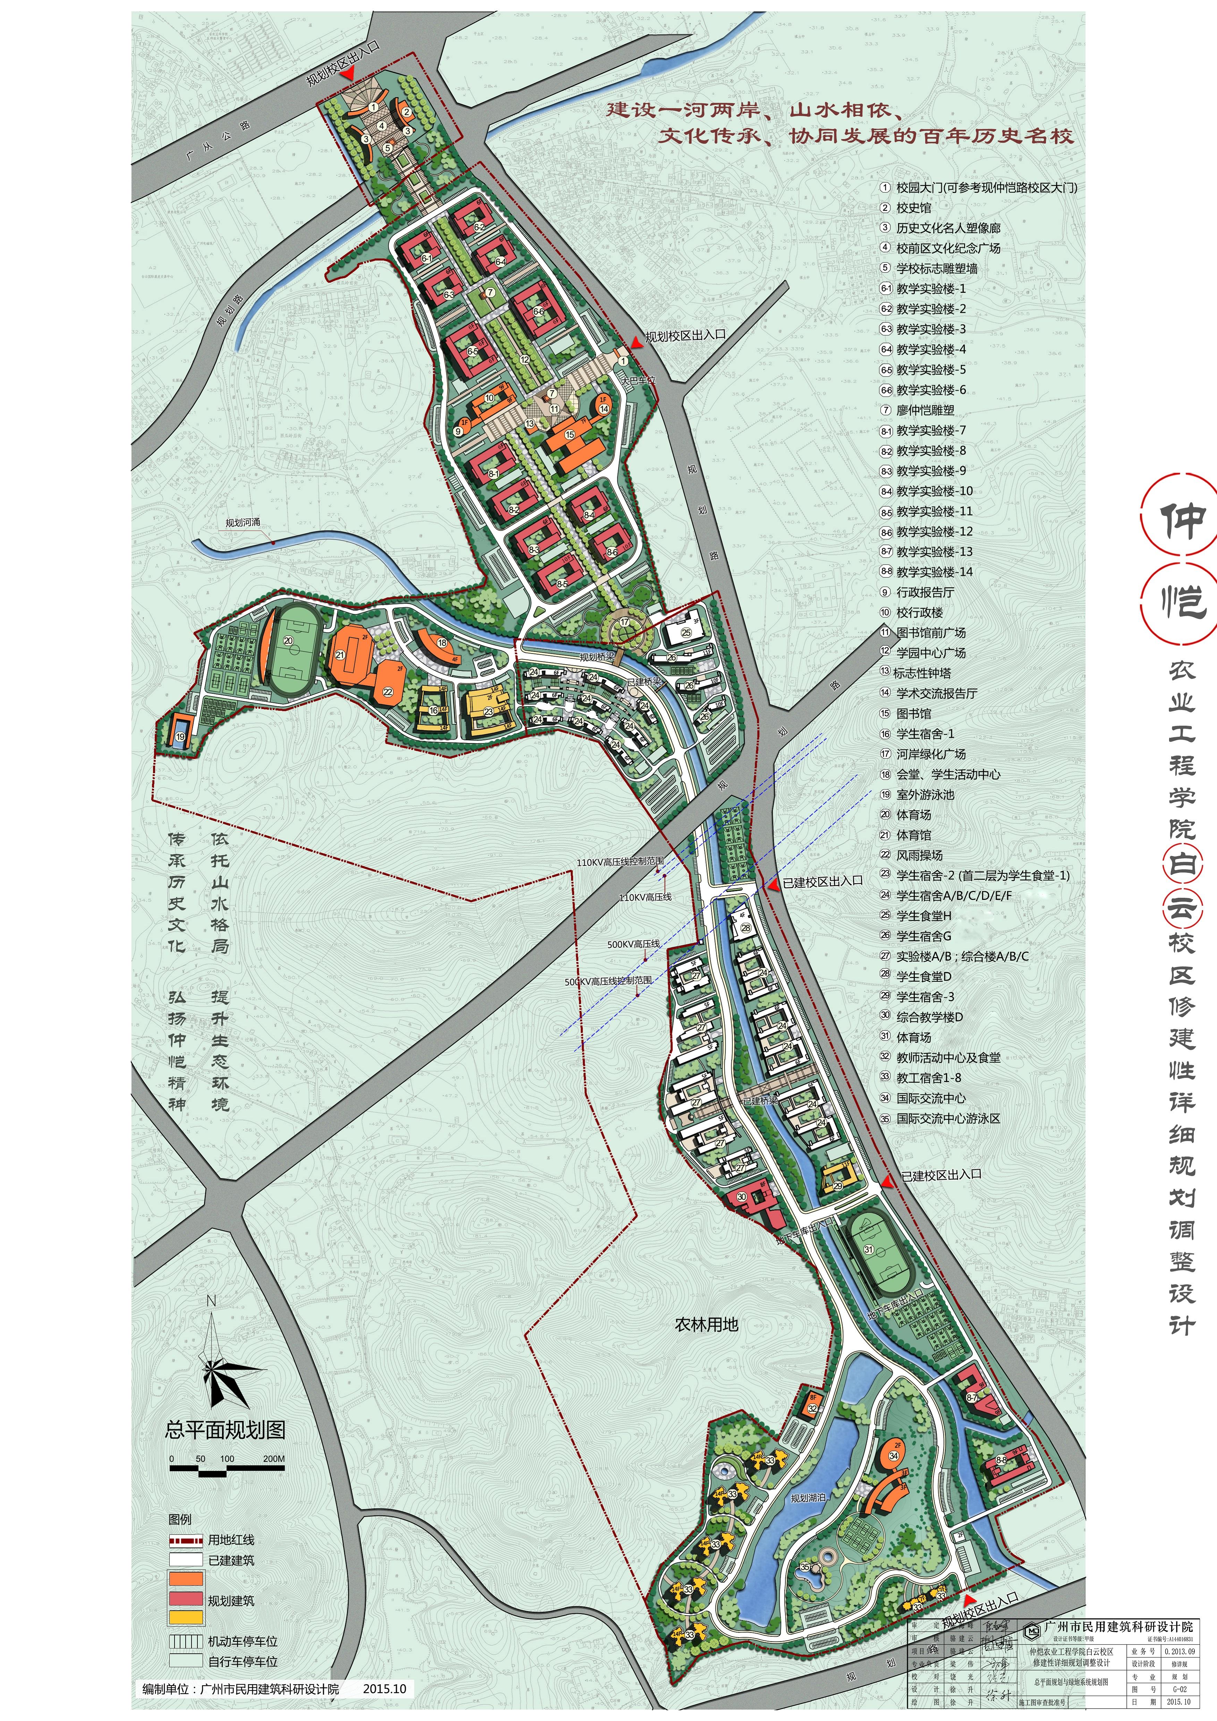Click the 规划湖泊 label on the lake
(x=808, y=1498)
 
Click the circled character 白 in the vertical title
(x=1182, y=867)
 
